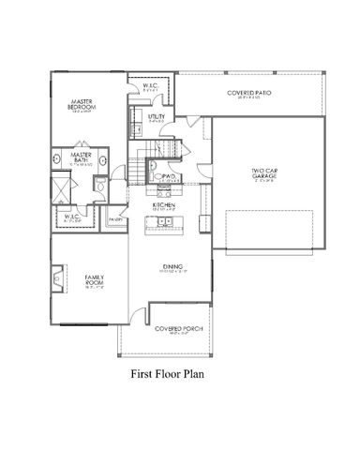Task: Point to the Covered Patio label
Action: (x=248, y=94)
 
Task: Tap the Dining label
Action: (x=172, y=267)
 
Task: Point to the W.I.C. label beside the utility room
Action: (x=151, y=87)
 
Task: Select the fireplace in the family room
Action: (x=58, y=278)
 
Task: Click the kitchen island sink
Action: (x=163, y=223)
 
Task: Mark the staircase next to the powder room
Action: (x=142, y=169)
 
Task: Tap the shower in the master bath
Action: (x=60, y=188)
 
